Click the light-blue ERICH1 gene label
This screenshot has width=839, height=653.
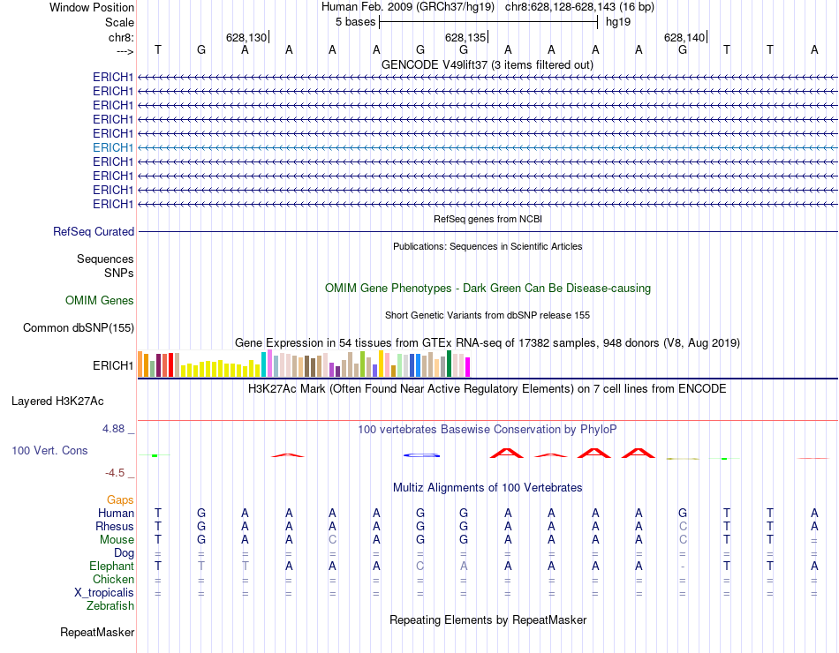[x=113, y=147]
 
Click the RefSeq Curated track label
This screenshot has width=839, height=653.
[x=94, y=231]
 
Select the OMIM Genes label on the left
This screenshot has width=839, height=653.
[x=100, y=300]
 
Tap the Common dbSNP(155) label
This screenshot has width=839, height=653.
[x=79, y=328]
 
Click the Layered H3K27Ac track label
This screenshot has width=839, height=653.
[x=57, y=401]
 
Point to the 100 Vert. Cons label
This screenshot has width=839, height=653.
[x=49, y=450]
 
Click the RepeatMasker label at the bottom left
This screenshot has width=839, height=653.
[x=97, y=632]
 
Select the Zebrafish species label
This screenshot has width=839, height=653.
[x=110, y=606]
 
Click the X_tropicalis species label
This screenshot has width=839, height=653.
[x=104, y=593]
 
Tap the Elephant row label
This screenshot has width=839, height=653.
[x=111, y=567]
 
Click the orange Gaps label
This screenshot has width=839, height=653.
[x=120, y=499]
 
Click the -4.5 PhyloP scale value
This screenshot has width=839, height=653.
[x=115, y=472]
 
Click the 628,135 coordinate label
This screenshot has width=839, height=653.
[x=465, y=37]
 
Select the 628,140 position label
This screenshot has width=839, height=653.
[x=684, y=37]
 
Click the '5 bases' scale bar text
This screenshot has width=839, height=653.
[x=355, y=22]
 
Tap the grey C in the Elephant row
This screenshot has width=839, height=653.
[x=421, y=567]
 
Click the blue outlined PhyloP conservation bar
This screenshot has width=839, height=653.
[x=421, y=454]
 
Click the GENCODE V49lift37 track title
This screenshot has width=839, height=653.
[x=487, y=64]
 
